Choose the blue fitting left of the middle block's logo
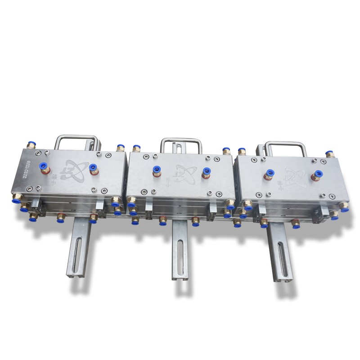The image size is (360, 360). [x=157, y=170]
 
